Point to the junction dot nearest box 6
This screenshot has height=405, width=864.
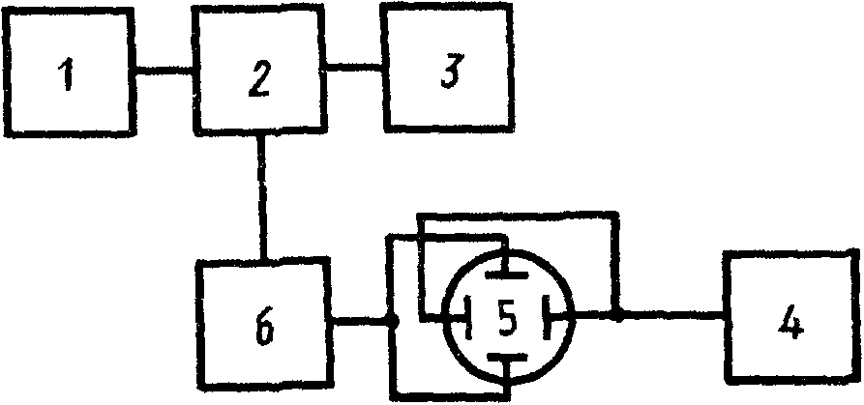point(390,321)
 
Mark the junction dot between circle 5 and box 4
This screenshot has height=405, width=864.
point(616,314)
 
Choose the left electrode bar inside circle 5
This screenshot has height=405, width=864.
point(468,316)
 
